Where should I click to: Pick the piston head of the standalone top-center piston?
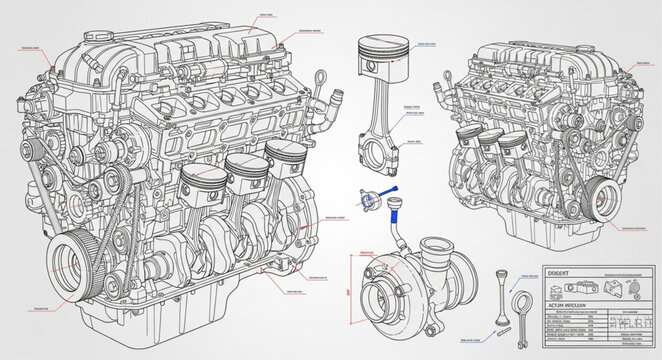384,51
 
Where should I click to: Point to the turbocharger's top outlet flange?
437,247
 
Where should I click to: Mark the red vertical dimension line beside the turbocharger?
347,290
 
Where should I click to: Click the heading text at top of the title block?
566,272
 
